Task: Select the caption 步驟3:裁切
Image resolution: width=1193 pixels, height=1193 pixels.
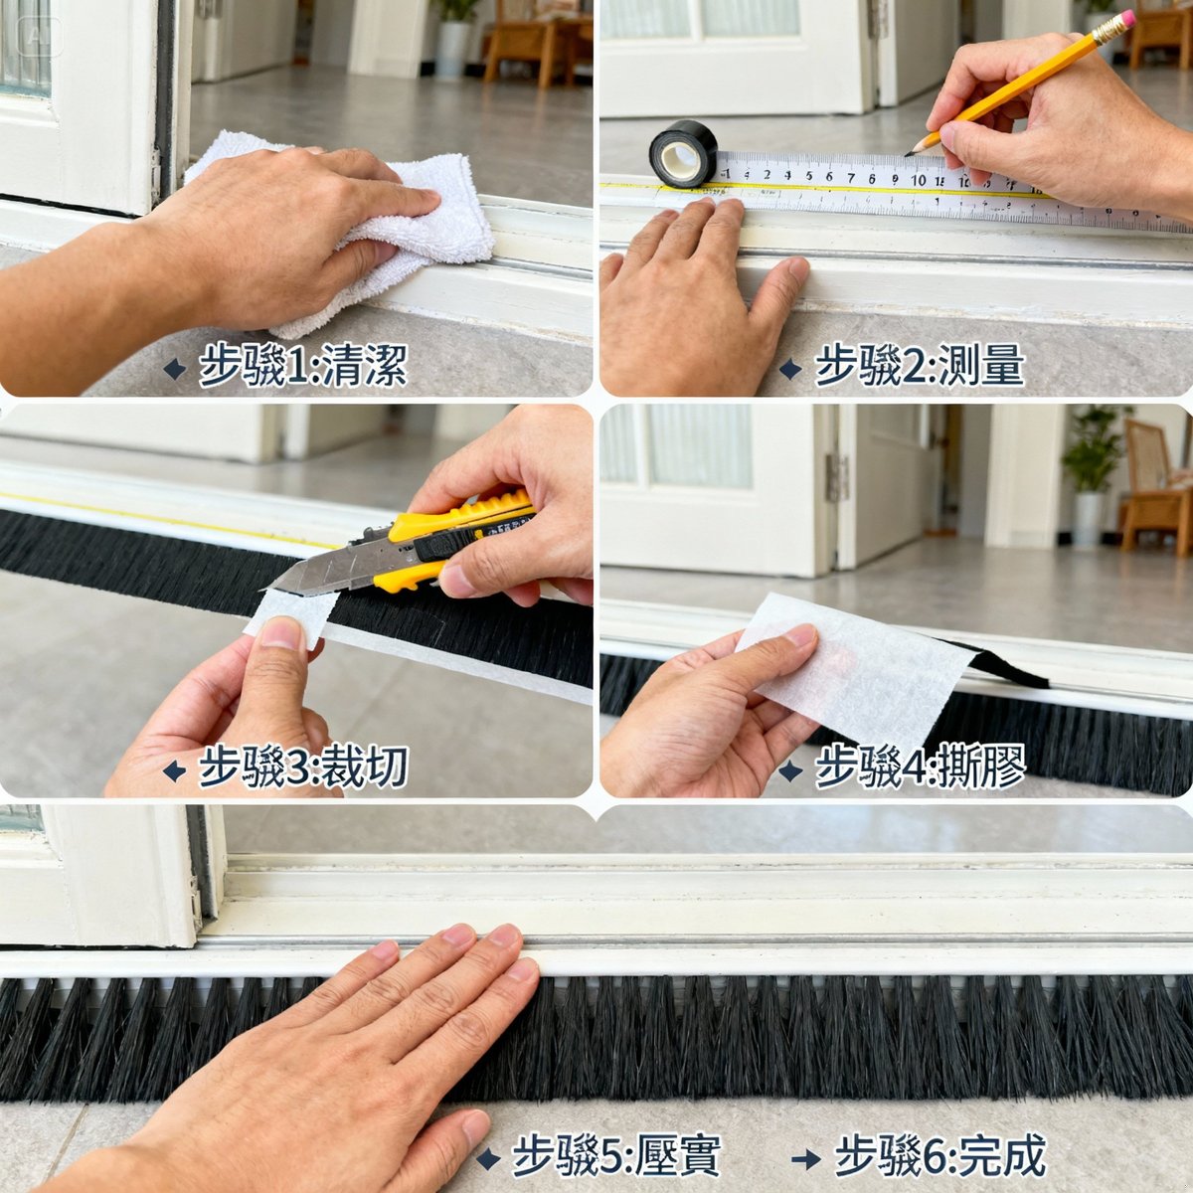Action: click(x=302, y=767)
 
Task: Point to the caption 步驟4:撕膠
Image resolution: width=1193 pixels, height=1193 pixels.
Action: click(x=919, y=767)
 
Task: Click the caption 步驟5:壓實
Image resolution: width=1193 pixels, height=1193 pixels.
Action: click(x=615, y=1157)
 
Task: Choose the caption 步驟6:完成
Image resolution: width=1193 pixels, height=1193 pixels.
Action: click(x=939, y=1157)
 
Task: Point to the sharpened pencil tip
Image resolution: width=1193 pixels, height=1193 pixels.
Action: click(x=909, y=153)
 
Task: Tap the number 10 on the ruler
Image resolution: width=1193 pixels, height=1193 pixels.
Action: click(x=918, y=180)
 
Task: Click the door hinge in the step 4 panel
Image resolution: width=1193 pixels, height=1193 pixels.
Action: click(x=836, y=477)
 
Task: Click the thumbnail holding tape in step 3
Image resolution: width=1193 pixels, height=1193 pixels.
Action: click(x=282, y=633)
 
